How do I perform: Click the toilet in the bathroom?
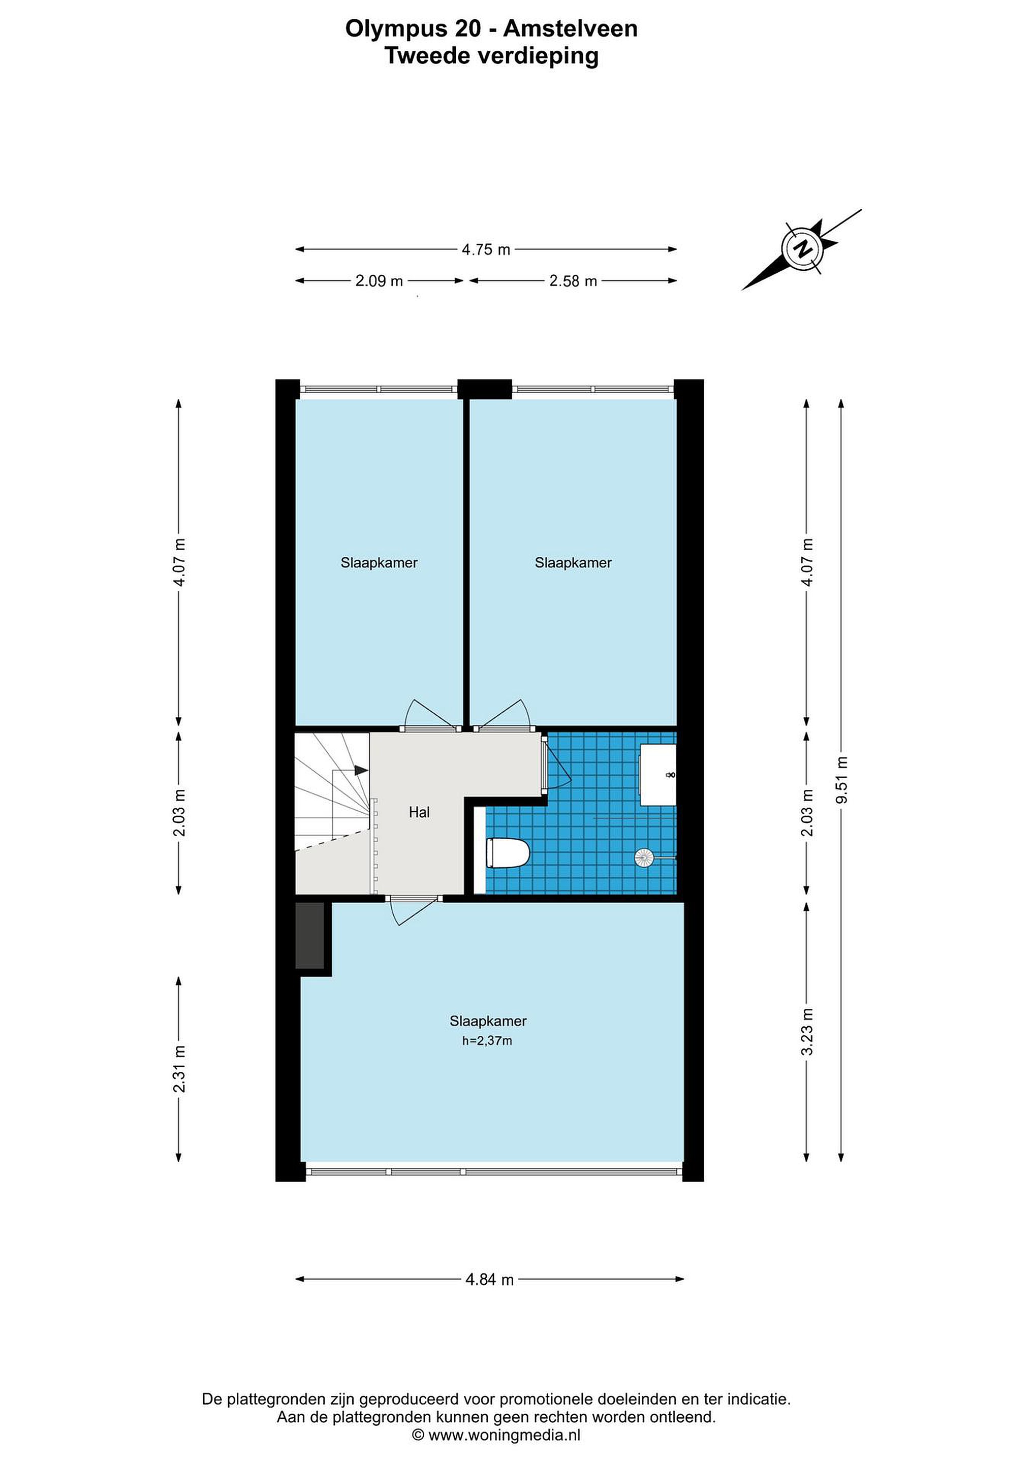coord(508,853)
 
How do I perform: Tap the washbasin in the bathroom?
coord(657,775)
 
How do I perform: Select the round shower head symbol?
coord(644,857)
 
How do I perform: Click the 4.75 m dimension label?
coord(486,250)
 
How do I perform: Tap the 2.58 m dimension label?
coord(573,281)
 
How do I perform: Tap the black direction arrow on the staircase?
coord(361,771)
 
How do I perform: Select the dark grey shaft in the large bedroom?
coord(310,935)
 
